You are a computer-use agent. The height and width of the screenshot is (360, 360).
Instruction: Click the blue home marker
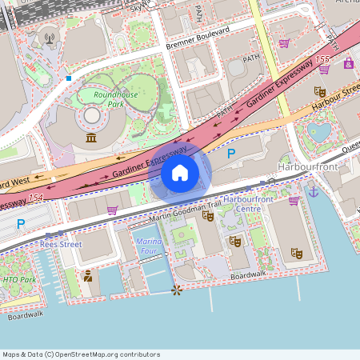[x=180, y=172]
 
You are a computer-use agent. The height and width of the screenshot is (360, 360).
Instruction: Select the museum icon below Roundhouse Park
[x=91, y=139]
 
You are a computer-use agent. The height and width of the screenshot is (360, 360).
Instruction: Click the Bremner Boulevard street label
[x=198, y=38]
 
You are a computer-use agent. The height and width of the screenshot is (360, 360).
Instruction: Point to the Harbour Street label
[x=335, y=101]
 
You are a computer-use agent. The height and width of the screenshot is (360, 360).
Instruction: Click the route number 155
[x=322, y=59]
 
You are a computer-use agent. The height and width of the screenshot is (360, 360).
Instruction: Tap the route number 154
[x=35, y=197]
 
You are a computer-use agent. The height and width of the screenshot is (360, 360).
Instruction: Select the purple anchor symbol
[x=314, y=191]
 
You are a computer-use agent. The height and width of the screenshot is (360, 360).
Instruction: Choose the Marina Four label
[x=150, y=245]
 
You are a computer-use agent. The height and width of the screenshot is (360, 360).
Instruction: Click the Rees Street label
[x=60, y=244]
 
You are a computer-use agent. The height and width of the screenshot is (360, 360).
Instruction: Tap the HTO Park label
[x=19, y=279]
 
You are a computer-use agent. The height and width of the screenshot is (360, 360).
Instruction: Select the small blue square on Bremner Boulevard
[x=70, y=78]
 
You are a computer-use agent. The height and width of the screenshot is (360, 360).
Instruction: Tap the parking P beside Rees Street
[x=21, y=223]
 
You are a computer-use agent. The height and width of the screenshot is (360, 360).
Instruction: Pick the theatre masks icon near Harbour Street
[x=319, y=91]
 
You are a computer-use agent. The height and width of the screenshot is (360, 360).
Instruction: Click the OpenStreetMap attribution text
[x=81, y=354]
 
